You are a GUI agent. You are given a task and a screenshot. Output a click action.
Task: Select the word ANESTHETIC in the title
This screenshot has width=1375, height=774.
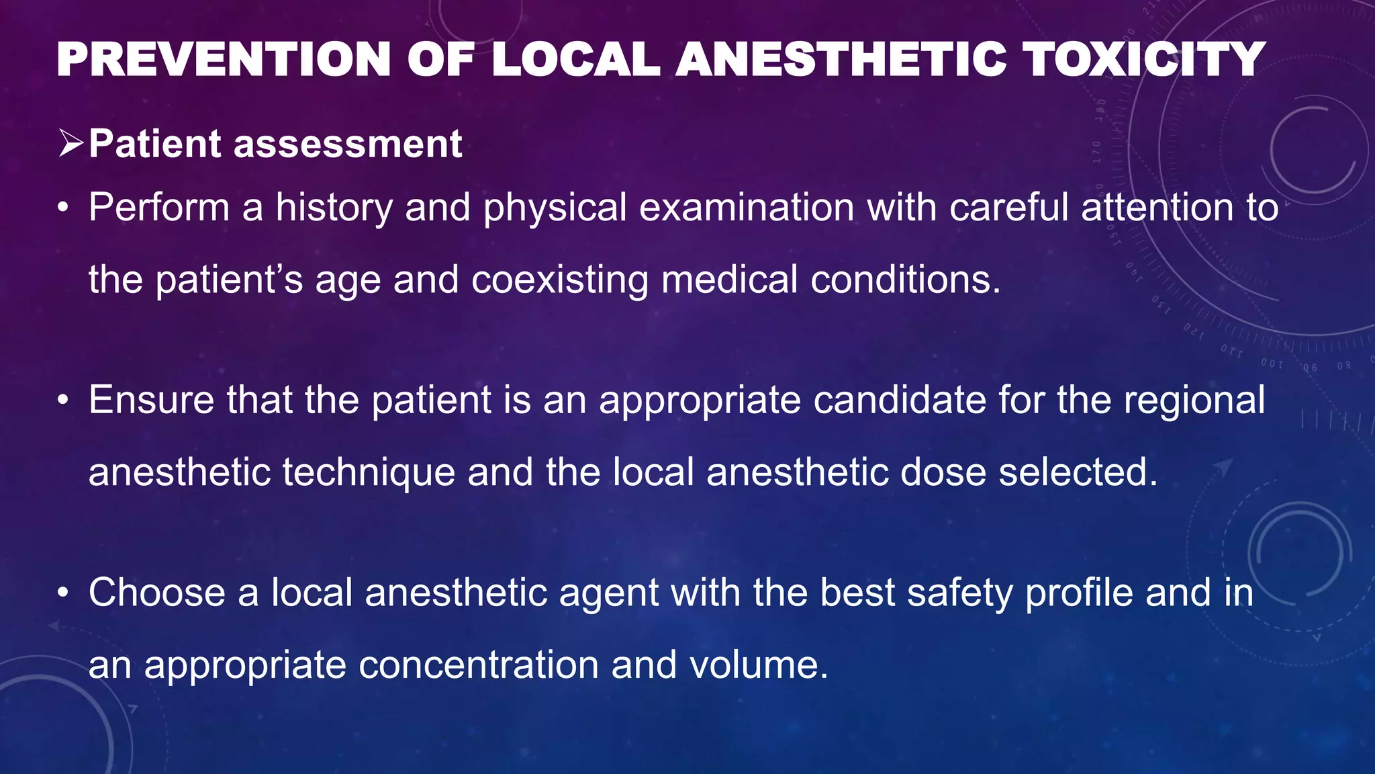(841, 59)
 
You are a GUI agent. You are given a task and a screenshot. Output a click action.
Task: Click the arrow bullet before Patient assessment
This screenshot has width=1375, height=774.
(70, 143)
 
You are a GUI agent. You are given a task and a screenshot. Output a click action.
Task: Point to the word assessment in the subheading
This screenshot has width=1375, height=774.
(347, 144)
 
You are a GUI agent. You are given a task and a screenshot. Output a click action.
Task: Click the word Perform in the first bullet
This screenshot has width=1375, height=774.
(159, 207)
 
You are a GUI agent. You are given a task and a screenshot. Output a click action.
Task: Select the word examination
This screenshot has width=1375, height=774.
(746, 207)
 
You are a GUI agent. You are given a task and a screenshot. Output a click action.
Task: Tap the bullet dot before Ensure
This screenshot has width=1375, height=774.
(63, 401)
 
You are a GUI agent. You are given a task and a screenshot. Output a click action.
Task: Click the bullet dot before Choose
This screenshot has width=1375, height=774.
(63, 594)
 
